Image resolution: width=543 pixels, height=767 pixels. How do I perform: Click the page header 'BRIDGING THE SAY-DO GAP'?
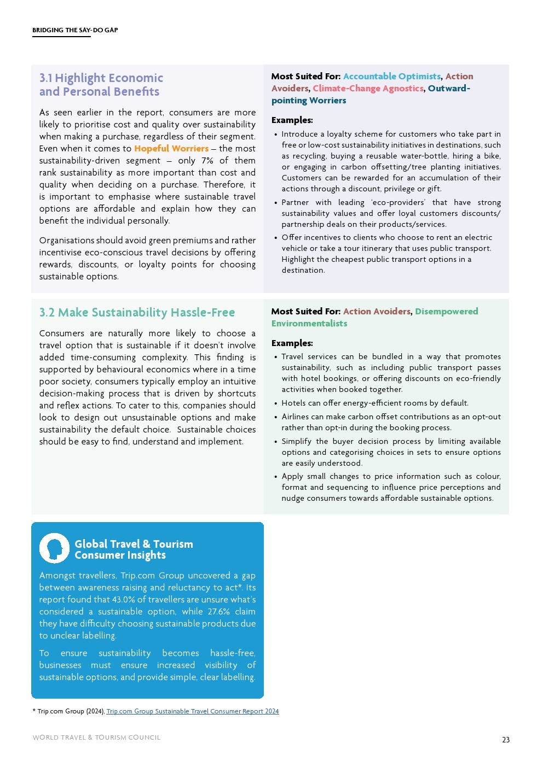75,30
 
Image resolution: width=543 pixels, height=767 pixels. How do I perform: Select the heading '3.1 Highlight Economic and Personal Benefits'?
101,85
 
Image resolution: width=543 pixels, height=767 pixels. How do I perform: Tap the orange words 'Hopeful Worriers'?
171,149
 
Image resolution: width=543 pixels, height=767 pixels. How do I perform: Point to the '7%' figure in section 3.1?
207,161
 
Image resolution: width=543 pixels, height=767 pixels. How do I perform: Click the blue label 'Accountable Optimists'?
392,77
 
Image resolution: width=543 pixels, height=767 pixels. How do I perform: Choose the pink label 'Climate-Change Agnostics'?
368,89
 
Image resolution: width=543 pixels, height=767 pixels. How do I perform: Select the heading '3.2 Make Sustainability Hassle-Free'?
137,313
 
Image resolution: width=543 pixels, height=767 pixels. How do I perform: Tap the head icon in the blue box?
54,548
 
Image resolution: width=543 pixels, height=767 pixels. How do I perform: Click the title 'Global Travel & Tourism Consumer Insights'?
134,549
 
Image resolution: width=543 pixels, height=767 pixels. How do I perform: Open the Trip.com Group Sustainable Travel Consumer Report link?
193,711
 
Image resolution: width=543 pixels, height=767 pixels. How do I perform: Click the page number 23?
506,740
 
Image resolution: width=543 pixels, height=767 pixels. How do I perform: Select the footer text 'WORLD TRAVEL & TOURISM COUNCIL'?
96,737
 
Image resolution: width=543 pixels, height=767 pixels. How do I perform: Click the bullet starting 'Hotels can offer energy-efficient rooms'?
375,403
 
